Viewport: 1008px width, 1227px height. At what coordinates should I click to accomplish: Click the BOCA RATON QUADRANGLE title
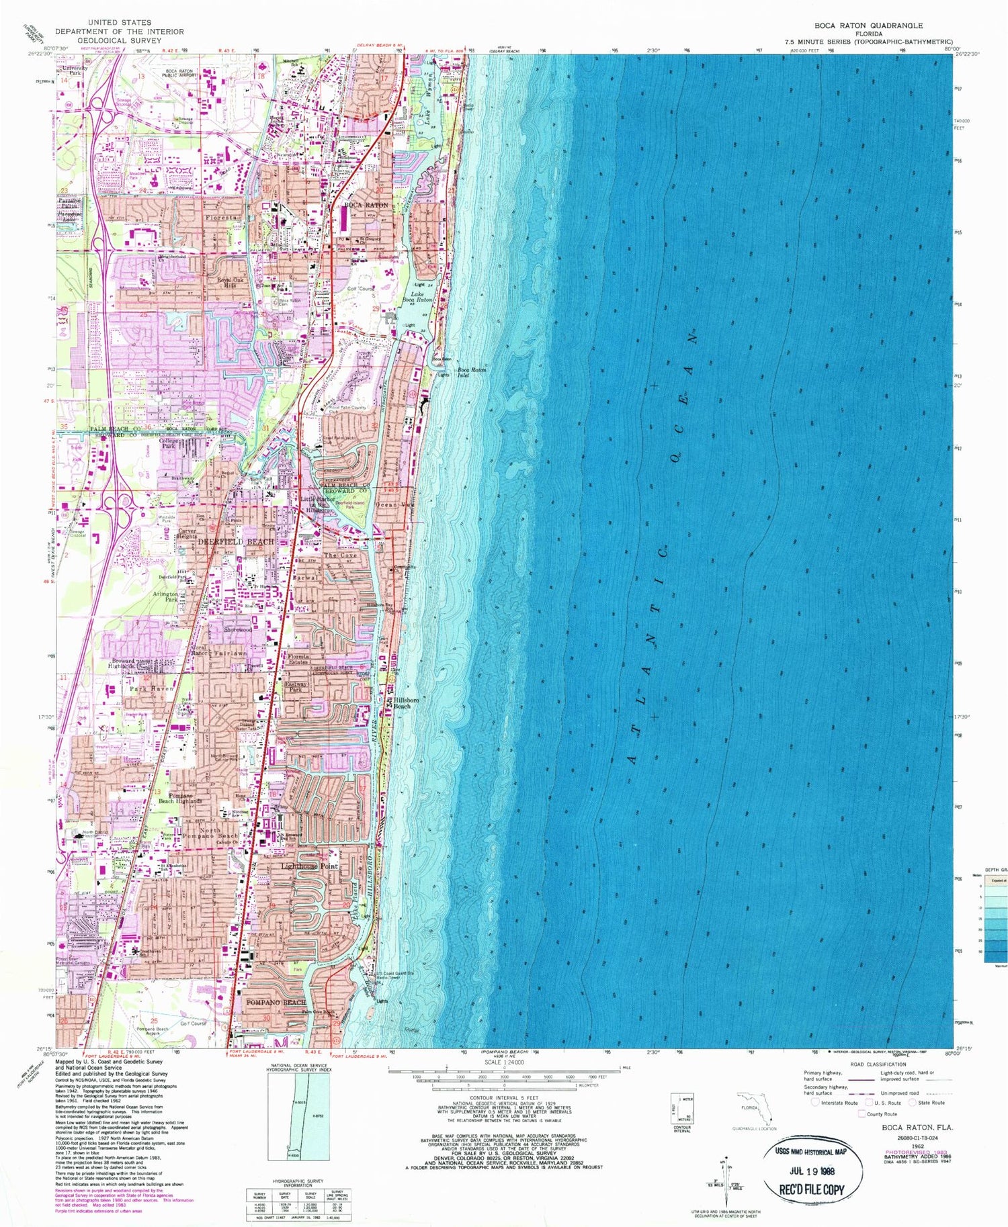click(868, 26)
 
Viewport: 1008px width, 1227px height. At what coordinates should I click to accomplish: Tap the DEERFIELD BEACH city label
click(235, 541)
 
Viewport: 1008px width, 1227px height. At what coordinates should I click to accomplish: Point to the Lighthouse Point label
click(310, 866)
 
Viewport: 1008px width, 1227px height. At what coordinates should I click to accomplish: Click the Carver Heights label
click(187, 534)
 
